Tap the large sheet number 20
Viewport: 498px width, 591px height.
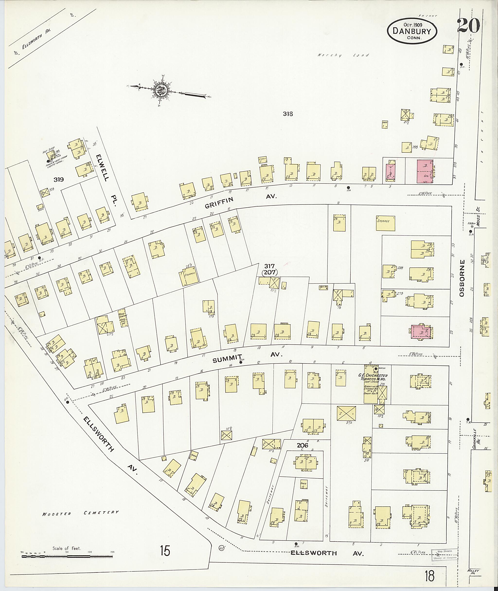click(469, 25)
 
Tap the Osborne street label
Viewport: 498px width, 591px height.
click(462, 278)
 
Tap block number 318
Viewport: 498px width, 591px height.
click(288, 114)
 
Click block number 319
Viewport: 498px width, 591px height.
click(59, 179)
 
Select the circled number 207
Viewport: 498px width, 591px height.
click(270, 272)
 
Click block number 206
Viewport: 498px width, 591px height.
click(302, 446)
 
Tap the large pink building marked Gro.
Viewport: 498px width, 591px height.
click(425, 172)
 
